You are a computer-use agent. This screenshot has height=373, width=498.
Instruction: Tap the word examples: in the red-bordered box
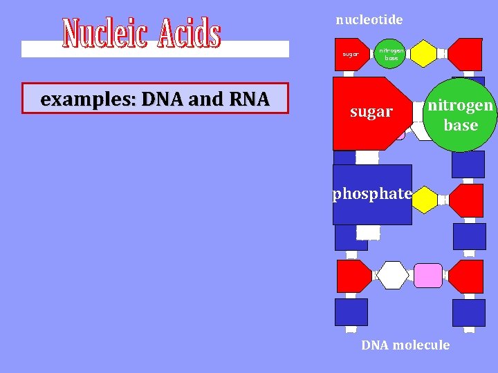(78, 99)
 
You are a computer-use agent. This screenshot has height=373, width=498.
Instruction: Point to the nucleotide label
(369, 20)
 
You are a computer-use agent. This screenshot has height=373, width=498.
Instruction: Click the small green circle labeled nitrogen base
(391, 54)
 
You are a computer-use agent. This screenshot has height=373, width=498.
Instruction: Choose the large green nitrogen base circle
(460, 115)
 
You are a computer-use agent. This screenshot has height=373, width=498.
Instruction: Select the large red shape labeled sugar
(369, 113)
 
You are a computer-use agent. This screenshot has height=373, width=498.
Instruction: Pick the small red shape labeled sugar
(351, 54)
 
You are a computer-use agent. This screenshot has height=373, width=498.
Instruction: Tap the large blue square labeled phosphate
(372, 194)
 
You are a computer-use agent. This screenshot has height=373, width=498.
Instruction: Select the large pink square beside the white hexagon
(427, 276)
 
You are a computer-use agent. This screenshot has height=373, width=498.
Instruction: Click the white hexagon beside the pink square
(394, 276)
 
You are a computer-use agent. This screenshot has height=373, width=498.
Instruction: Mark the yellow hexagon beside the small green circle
(423, 54)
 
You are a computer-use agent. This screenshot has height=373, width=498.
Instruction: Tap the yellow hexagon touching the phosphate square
(425, 200)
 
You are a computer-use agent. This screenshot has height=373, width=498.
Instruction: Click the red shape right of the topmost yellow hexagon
(466, 53)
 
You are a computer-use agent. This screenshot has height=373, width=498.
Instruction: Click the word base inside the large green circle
(461, 125)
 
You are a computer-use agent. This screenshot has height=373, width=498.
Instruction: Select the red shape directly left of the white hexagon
(354, 276)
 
